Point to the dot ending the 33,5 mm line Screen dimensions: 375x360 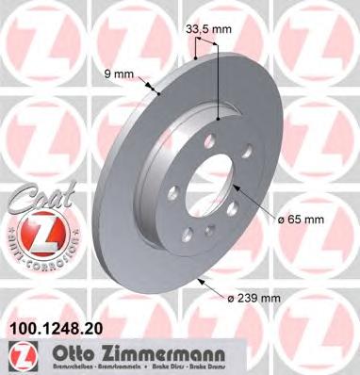[219, 120]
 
